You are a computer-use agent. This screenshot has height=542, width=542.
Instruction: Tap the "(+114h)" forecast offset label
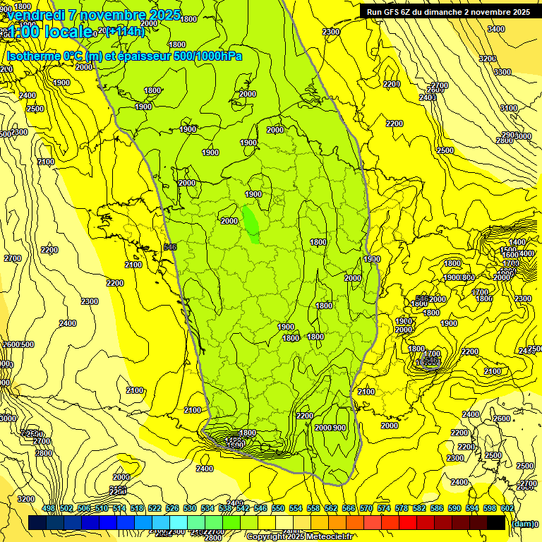click(x=125, y=31)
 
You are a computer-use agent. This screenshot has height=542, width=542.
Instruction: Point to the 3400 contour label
click(x=496, y=29)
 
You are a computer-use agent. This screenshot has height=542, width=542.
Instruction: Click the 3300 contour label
click(x=502, y=72)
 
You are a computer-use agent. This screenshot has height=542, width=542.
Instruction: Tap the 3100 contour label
click(x=509, y=108)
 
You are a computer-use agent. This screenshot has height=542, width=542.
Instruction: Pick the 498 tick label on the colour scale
click(x=49, y=508)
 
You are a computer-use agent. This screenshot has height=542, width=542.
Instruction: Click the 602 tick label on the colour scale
click(x=507, y=508)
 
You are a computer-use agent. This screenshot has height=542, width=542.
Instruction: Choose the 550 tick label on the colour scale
click(x=278, y=508)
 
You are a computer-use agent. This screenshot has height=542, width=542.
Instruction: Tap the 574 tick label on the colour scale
click(x=384, y=508)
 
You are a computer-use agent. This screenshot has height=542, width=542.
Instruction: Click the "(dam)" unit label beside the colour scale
click(x=524, y=523)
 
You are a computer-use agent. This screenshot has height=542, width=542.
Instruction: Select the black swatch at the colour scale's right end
click(x=496, y=522)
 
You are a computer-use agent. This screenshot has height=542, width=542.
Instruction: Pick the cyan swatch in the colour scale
click(x=179, y=522)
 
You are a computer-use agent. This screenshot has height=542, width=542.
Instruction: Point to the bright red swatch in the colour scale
click(x=408, y=522)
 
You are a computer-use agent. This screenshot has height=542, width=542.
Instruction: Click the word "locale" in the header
click(x=66, y=31)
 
